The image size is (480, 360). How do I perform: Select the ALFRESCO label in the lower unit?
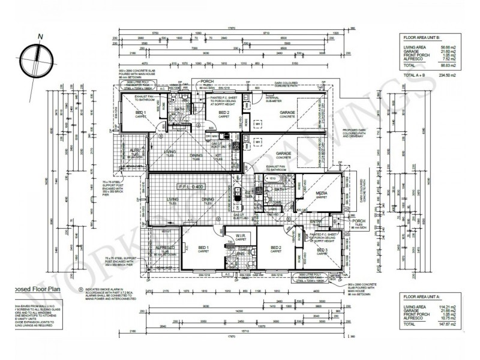[x=165, y=247]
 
